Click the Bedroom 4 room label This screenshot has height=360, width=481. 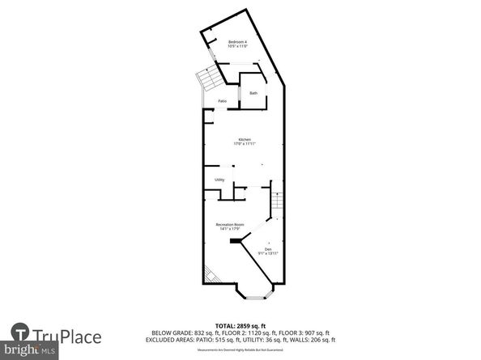(237, 41)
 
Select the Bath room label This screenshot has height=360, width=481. (253, 94)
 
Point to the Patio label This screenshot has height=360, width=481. (222, 101)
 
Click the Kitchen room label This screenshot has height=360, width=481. (244, 139)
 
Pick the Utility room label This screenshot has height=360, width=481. (219, 180)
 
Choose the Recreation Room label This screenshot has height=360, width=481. (230, 224)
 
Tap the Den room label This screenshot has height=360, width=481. (268, 248)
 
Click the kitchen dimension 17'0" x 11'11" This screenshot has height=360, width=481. (244, 144)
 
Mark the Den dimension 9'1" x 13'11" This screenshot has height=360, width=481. (268, 253)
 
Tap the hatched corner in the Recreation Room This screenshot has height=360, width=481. (209, 273)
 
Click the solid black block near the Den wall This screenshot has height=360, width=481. (236, 239)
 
